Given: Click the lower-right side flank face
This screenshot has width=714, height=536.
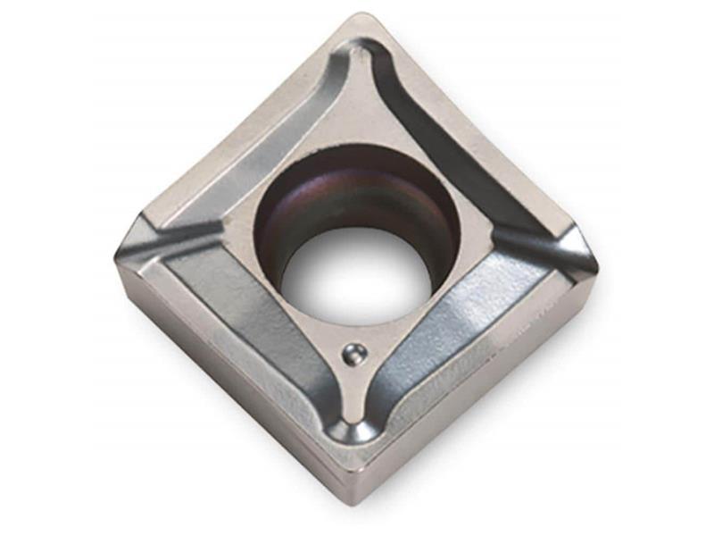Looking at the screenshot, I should [482, 384].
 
